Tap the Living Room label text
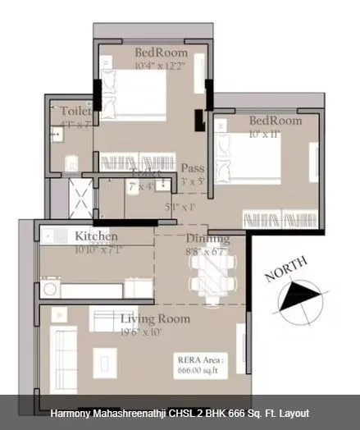[155, 318]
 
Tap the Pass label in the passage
[193, 168]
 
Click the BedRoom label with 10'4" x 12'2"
[160, 53]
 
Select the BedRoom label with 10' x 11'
[276, 120]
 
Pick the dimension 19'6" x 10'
[142, 332]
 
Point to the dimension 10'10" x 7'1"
[99, 249]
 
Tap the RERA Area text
[201, 359]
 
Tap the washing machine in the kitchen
[50, 289]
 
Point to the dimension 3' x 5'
[193, 181]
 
